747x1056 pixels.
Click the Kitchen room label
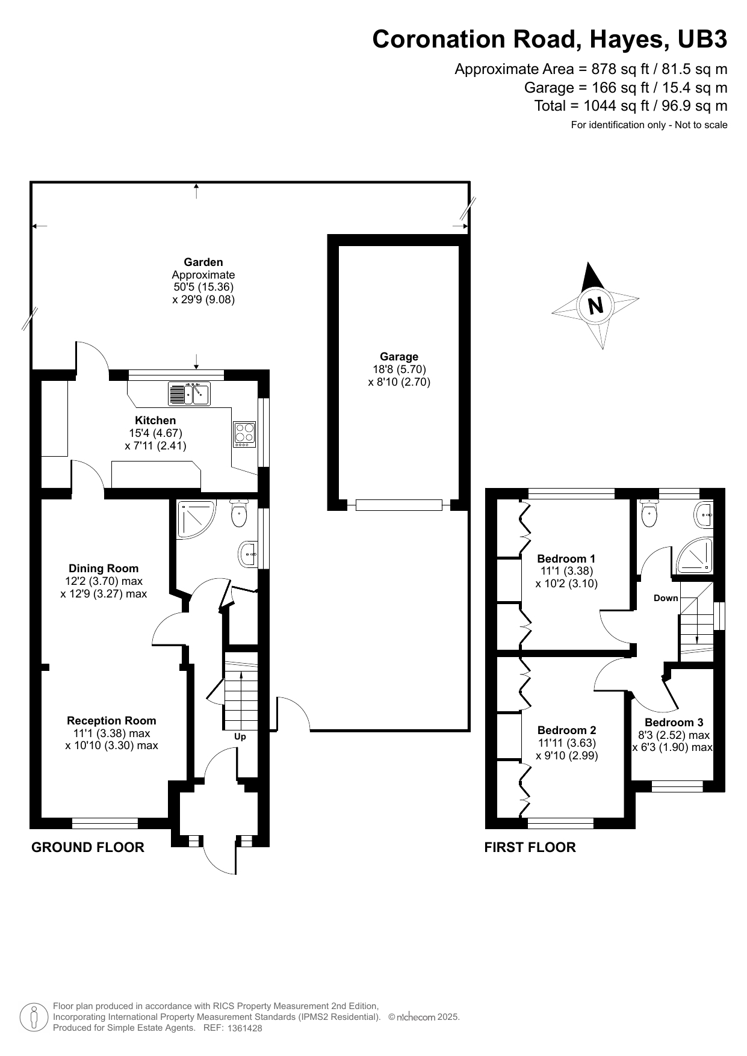point(155,421)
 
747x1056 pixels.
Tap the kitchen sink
point(188,394)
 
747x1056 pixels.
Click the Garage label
point(399,357)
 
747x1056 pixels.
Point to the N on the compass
point(595,306)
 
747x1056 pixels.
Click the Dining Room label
point(104,569)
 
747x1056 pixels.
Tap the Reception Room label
point(111,721)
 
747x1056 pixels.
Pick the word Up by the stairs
point(240,736)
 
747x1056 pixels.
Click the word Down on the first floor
point(666,598)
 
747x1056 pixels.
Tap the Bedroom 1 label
point(566,558)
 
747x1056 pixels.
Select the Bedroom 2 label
point(566,730)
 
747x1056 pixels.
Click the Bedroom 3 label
point(674,723)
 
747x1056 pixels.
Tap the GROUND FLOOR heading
point(88,847)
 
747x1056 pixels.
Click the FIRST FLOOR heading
point(530,847)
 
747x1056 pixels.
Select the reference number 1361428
point(245,1028)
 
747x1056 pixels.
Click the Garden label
point(203,262)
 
